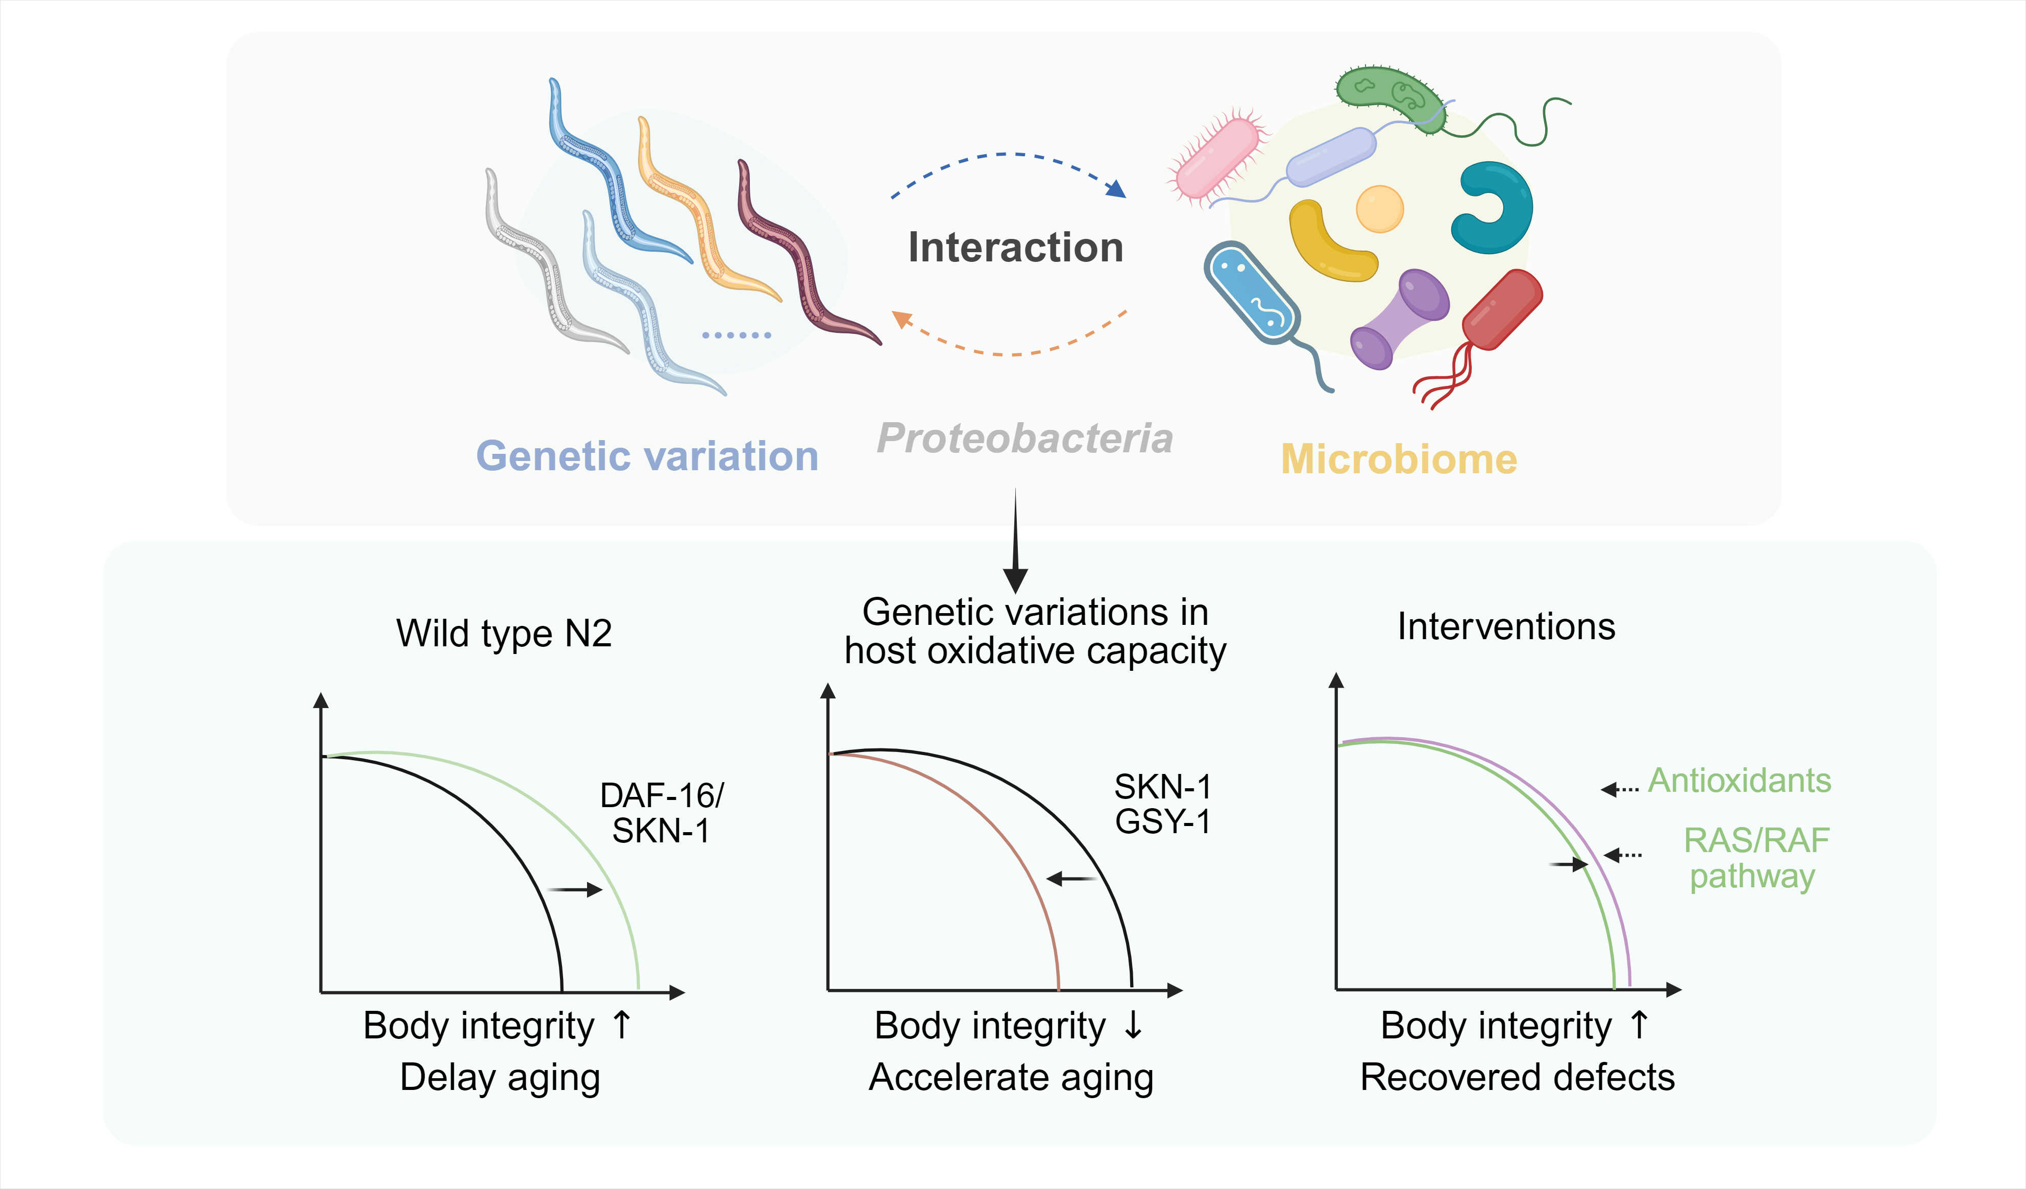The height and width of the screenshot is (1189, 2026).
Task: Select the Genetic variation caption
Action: (647, 456)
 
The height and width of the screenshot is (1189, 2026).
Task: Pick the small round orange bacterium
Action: (1380, 208)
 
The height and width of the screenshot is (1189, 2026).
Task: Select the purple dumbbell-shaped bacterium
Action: (1399, 319)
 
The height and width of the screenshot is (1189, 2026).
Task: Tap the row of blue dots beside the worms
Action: (737, 334)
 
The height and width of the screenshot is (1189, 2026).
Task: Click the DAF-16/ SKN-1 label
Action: (662, 813)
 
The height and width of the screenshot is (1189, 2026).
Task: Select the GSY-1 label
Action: (1162, 821)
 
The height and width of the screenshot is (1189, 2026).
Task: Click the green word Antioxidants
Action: (1740, 780)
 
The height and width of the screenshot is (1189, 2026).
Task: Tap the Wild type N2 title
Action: (504, 634)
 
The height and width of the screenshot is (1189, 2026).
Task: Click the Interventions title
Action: (1506, 626)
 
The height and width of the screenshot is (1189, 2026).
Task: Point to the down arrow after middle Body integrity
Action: (1133, 1025)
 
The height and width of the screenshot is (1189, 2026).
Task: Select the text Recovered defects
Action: (1517, 1077)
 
